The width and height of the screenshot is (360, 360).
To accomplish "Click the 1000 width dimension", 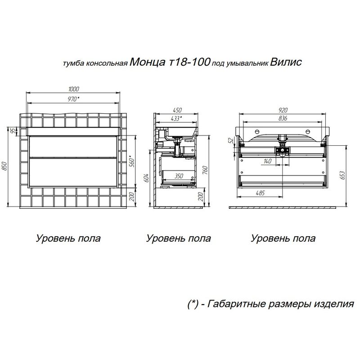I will pyautogui.click(x=74, y=89).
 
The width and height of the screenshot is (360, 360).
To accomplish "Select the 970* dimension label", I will pyautogui.click(x=74, y=99).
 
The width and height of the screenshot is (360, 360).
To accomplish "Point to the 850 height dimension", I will pyautogui.click(x=5, y=166).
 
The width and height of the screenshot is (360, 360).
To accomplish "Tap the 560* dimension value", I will pyautogui.click(x=131, y=161).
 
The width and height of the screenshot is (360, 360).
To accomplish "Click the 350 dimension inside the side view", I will pyautogui.click(x=179, y=177).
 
